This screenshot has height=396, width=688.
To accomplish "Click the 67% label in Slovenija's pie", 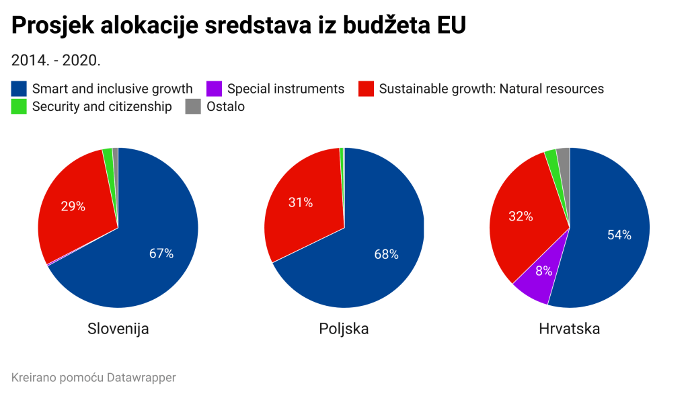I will point(161,253).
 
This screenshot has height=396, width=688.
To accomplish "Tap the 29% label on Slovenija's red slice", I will point(73,206).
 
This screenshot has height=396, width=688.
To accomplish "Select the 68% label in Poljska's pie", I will point(386,254).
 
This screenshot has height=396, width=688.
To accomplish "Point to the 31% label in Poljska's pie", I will point(300,202).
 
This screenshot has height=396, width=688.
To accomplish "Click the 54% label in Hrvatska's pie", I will point(619,235).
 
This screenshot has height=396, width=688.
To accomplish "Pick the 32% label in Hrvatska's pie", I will point(521,216).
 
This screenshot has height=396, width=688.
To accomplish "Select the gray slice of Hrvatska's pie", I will point(564,157).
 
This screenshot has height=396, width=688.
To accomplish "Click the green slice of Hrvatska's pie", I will point(551,158).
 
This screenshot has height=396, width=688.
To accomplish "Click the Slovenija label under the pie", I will point(118,329).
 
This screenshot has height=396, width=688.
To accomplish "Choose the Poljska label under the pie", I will point(344,329).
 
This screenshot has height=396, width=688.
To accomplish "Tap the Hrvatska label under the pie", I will point(569,329).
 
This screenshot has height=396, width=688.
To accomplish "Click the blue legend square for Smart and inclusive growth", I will point(20,89).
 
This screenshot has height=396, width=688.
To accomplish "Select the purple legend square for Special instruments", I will point(215,89).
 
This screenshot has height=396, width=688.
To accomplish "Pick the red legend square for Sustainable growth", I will point(366,89).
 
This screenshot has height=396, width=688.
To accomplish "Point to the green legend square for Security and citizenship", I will point(20,106).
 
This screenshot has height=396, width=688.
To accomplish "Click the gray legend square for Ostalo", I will point(193,106).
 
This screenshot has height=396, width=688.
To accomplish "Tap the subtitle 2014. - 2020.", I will point(56,60).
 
